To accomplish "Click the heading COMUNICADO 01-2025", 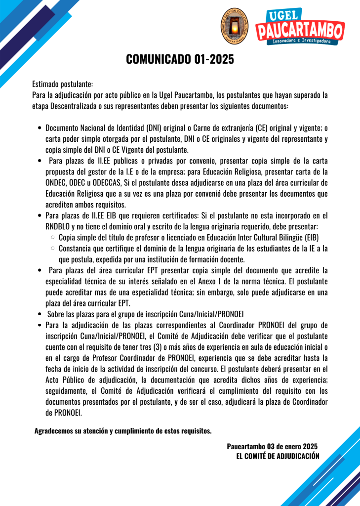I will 180,60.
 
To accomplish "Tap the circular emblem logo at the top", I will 235,28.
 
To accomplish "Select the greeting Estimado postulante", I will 62,84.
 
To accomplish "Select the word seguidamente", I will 67,390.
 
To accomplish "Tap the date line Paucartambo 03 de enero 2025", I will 272,447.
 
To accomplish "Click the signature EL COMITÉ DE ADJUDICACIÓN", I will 278,456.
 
